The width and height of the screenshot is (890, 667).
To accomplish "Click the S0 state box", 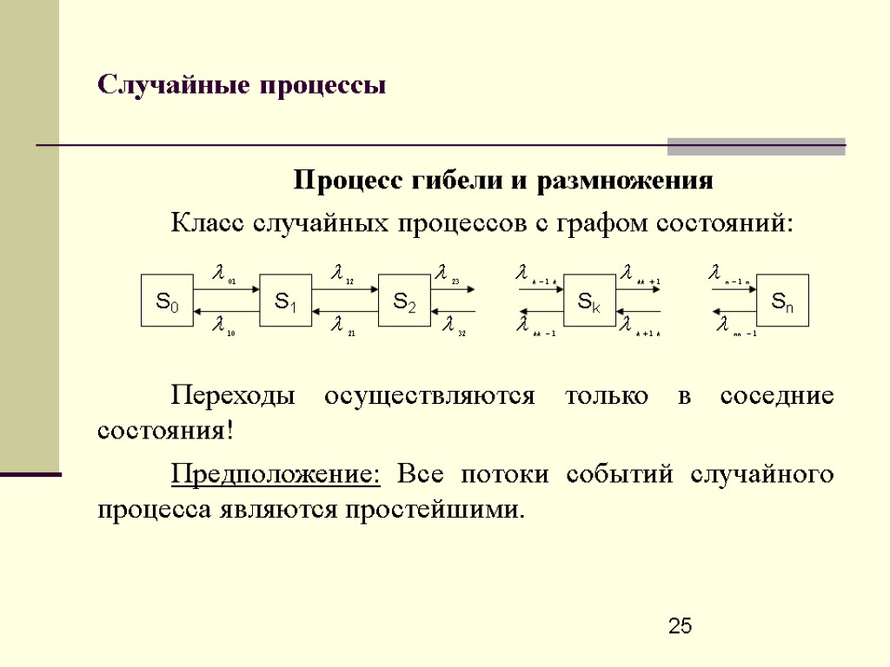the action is [167, 300].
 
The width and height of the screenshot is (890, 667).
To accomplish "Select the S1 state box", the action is [286, 300].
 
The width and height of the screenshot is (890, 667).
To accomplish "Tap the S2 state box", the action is [405, 300].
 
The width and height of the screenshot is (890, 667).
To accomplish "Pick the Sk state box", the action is [589, 300].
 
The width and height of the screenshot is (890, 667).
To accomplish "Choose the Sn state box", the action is [782, 300].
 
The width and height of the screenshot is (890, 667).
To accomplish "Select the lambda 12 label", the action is [342, 275].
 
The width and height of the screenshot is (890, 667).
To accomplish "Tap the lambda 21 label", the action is [342, 327].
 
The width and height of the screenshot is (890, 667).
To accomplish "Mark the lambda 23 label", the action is [448, 275].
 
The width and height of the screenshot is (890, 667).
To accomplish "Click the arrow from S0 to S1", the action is [227, 289].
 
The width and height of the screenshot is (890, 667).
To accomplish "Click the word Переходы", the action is [232, 397].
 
